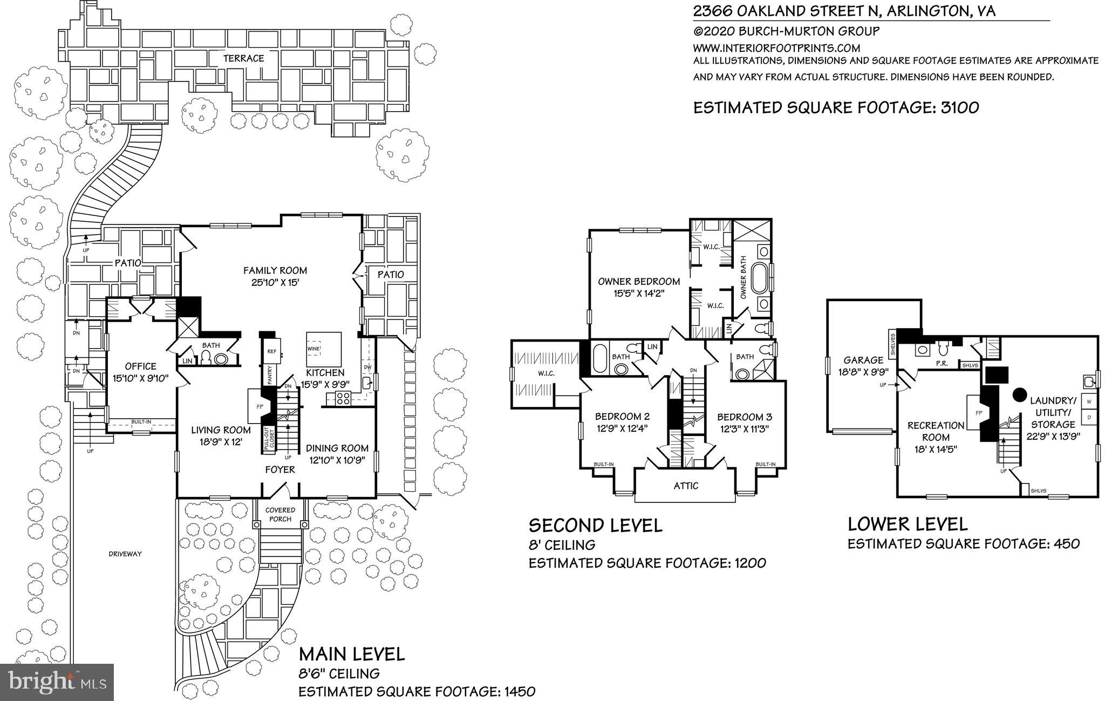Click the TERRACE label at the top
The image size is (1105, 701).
[x=244, y=58]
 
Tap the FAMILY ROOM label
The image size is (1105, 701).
[x=275, y=270]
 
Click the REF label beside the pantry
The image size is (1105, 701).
[x=271, y=351]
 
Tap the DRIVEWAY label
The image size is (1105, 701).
[x=125, y=554]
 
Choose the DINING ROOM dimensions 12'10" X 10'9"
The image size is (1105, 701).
[x=337, y=460]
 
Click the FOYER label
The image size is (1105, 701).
[x=280, y=469]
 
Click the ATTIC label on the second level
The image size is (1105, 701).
[x=686, y=486]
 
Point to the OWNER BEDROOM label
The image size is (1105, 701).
[x=639, y=281]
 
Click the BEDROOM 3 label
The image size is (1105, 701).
[x=744, y=417]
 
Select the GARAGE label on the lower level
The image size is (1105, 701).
[x=864, y=360]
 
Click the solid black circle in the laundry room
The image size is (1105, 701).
[x=1018, y=395]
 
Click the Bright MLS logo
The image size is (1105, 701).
[x=57, y=682]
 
